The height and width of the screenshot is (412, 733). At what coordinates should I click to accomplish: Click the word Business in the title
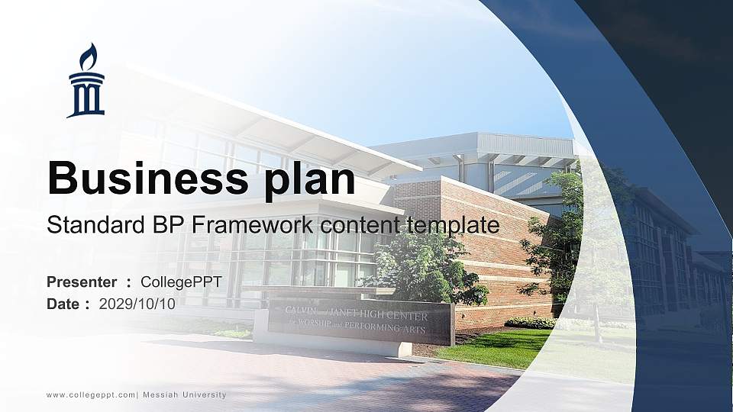[x=143, y=179]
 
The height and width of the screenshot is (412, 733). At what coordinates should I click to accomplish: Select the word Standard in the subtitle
[x=89, y=225]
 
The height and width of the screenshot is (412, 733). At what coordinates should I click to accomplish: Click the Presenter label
[x=82, y=282]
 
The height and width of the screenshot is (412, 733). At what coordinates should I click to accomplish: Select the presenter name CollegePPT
[x=181, y=282]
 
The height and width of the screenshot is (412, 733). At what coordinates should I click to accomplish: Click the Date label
[x=63, y=304]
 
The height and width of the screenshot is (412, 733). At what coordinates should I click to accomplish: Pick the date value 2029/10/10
[x=137, y=304]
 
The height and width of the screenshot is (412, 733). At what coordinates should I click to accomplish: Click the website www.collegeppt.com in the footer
[x=91, y=394]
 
